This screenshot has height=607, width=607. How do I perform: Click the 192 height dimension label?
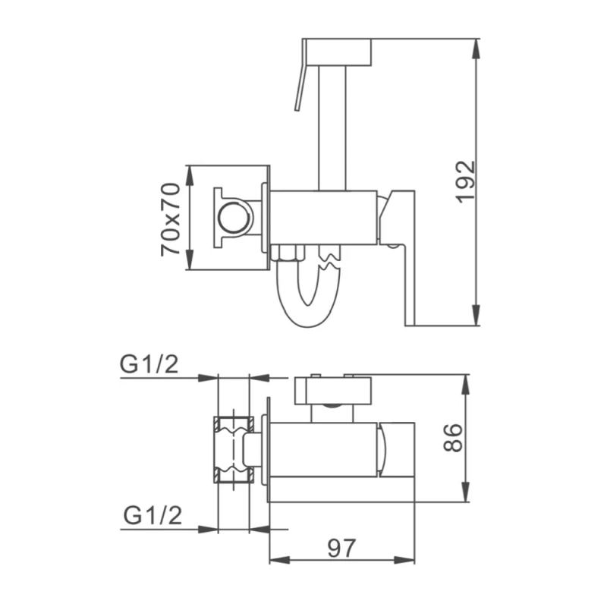pyautogui.click(x=465, y=180)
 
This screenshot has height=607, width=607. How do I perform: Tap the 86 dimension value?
pyautogui.click(x=452, y=438)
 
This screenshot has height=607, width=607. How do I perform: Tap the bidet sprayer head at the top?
pyautogui.click(x=336, y=51)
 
